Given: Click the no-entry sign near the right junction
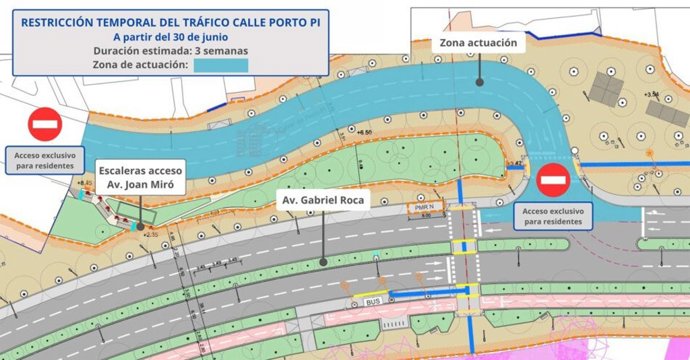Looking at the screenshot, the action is pos(553,182).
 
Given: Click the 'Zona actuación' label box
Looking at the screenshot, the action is pos(478,44).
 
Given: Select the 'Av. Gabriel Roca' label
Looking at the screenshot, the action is pos(323,200).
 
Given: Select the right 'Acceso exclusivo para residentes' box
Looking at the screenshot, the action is pos(553,217).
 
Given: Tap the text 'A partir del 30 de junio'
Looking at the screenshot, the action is pos(165,34).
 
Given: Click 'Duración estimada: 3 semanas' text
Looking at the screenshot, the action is pos(165,49).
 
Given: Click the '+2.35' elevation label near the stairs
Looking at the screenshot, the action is pos(151,234).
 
